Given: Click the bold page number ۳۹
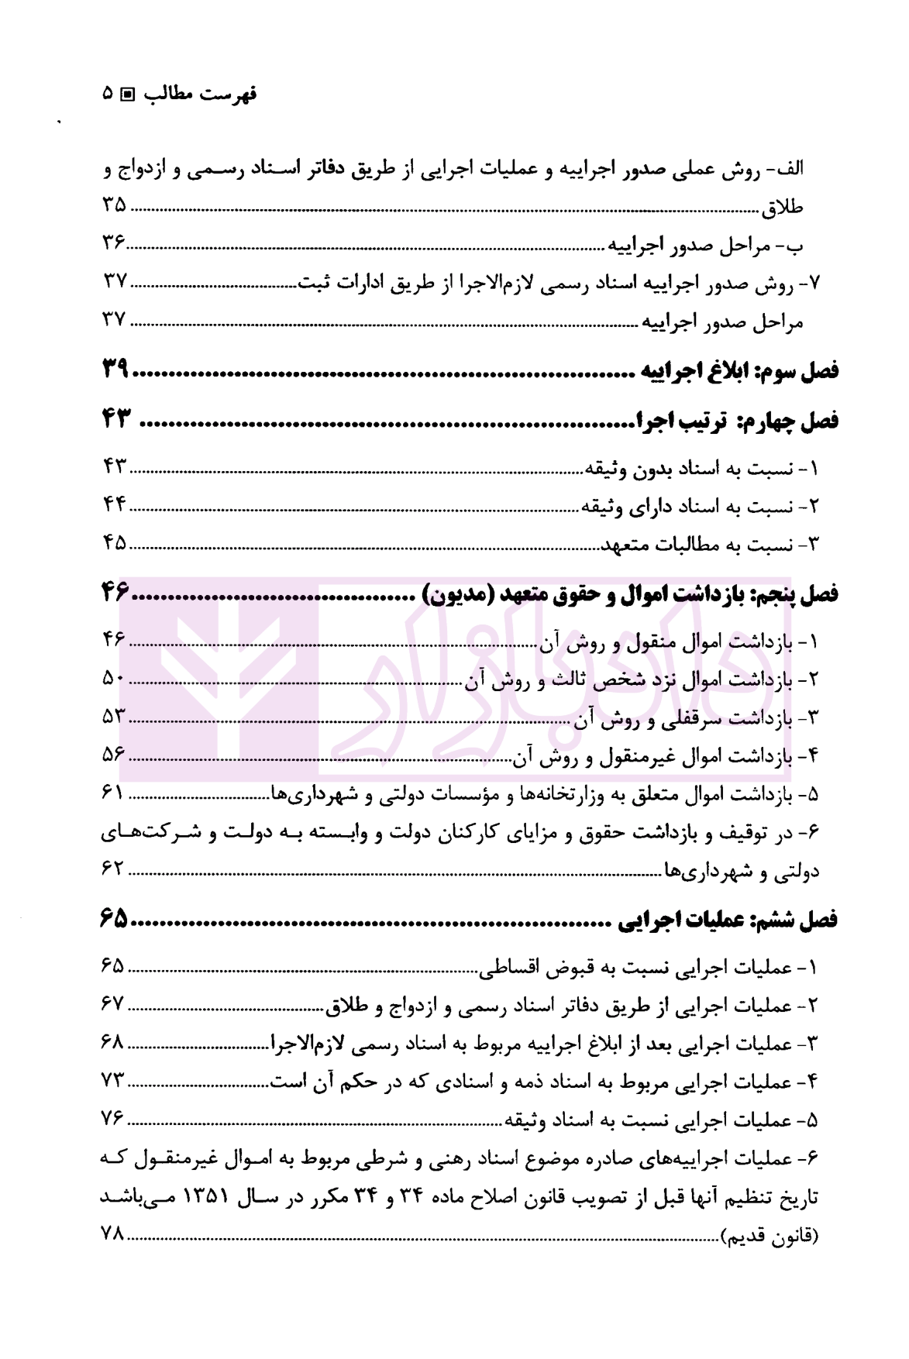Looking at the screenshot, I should [x=115, y=370].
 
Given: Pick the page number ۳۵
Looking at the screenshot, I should [x=114, y=205].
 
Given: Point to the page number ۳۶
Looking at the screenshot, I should [x=114, y=243].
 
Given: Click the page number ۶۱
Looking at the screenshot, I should [x=113, y=793].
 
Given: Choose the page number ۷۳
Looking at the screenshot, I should [x=113, y=1080].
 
